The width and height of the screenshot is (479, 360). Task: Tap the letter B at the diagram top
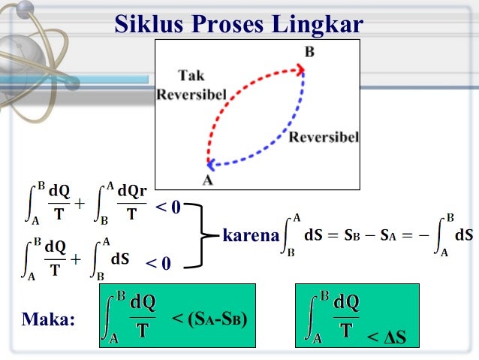pyautogui.click(x=309, y=52)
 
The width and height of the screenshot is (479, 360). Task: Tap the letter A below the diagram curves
pyautogui.click(x=208, y=180)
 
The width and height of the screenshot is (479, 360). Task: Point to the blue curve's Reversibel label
pyautogui.click(x=324, y=138)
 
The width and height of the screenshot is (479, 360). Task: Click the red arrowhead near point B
pyautogui.click(x=301, y=70)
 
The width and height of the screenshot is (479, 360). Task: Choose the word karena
pyautogui.click(x=251, y=235)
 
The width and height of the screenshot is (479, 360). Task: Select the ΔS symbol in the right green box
pyautogui.click(x=390, y=338)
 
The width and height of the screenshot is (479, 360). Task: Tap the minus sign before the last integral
pyautogui.click(x=423, y=235)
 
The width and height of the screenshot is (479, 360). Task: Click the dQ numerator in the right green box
pyautogui.click(x=345, y=303)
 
